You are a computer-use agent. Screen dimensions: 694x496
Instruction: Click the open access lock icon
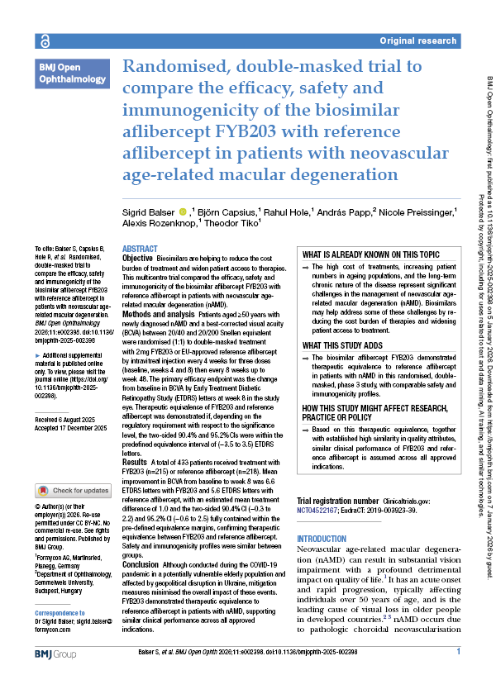[43, 40]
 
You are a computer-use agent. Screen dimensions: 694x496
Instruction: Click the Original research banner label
[418, 40]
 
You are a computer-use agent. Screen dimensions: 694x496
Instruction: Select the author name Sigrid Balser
[150, 212]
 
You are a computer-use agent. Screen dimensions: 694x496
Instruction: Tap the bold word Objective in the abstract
[137, 259]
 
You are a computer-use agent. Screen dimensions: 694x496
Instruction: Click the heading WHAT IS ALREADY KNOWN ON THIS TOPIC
[370, 254]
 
